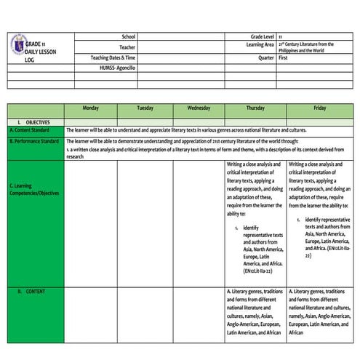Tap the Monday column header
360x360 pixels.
[91, 108]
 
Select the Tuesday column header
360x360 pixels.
[145, 108]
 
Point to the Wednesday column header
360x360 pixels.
[199, 108]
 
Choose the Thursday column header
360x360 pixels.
[255, 108]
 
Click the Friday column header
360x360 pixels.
[319, 108]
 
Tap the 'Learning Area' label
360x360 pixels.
[260, 45]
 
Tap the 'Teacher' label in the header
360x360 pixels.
[127, 47]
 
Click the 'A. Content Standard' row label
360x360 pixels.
[30, 130]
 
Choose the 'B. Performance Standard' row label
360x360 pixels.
[34, 140]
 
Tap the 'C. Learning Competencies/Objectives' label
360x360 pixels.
[34, 189]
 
